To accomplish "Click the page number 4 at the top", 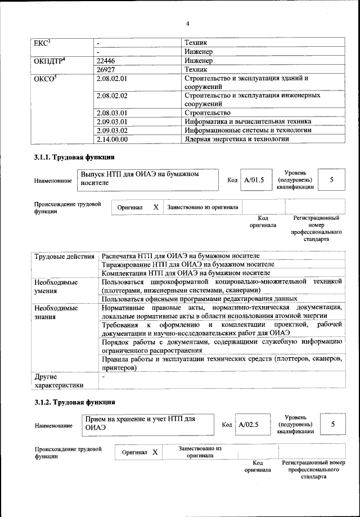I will [x=187, y=23].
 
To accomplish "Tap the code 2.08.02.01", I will [x=112, y=79].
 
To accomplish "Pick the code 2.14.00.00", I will [x=112, y=139].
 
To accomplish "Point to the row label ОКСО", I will [x=45, y=79].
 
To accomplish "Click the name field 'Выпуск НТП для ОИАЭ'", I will [x=146, y=179].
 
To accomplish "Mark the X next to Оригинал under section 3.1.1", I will [x=156, y=207].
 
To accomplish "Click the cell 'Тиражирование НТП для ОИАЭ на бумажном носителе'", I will [x=188, y=264].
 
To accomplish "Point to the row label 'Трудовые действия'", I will [x=64, y=257].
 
